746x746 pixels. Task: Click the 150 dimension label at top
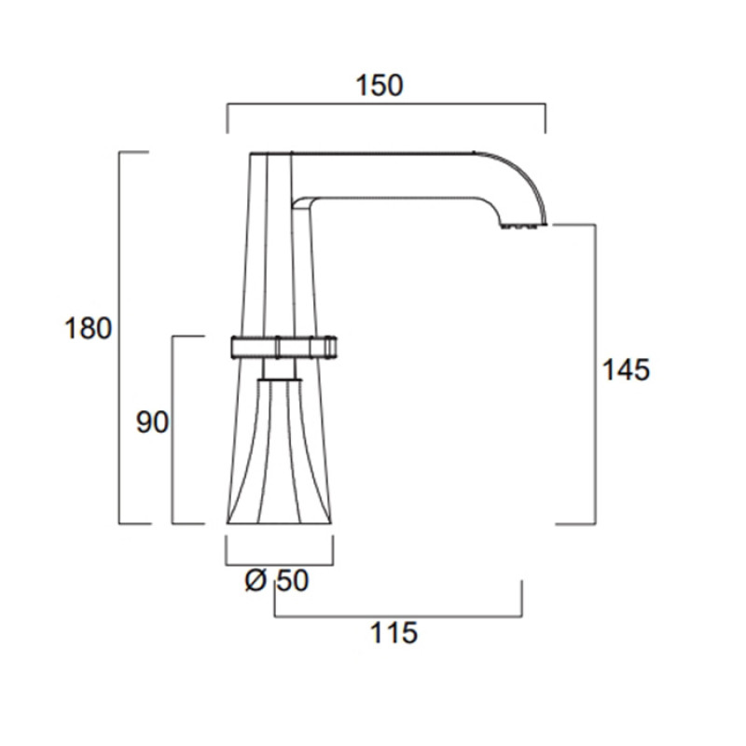380,86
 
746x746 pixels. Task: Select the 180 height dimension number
88,328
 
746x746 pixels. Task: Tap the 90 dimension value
152,422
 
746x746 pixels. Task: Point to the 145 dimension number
626,369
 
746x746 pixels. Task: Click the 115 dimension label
394,633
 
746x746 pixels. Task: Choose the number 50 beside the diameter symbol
293,580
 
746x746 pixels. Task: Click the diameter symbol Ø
256,580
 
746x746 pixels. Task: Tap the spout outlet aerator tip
523,225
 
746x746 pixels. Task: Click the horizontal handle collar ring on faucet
284,347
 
